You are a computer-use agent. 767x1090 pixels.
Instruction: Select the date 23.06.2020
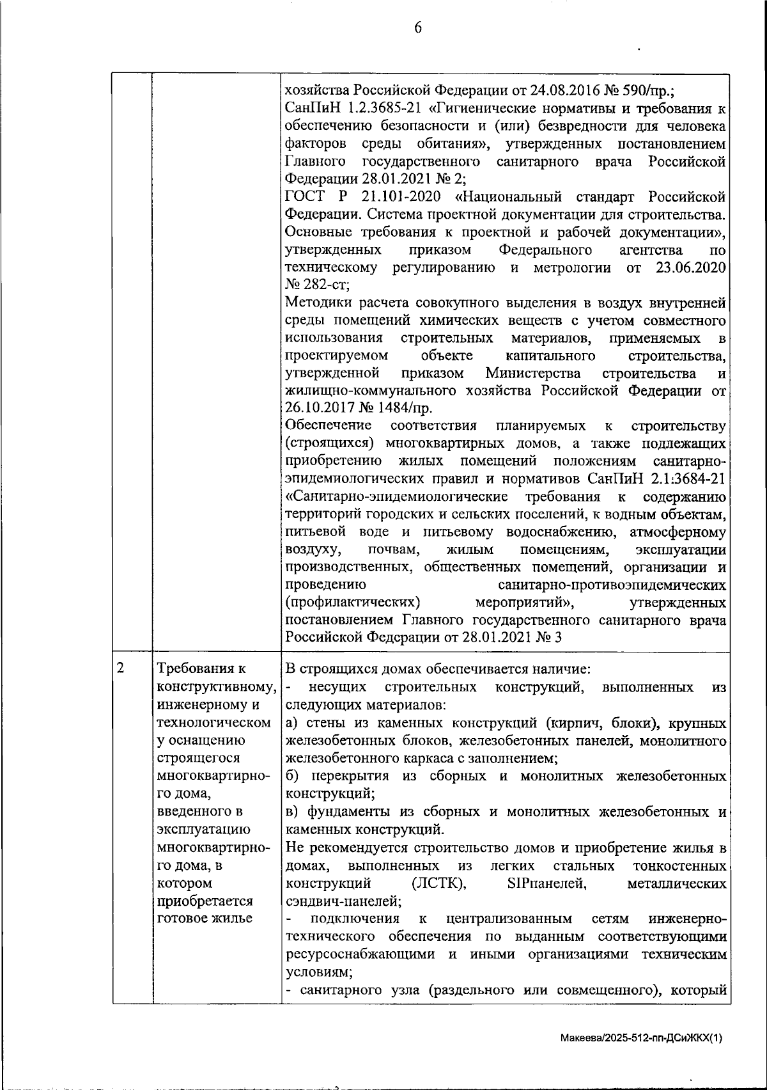[x=691, y=267]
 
